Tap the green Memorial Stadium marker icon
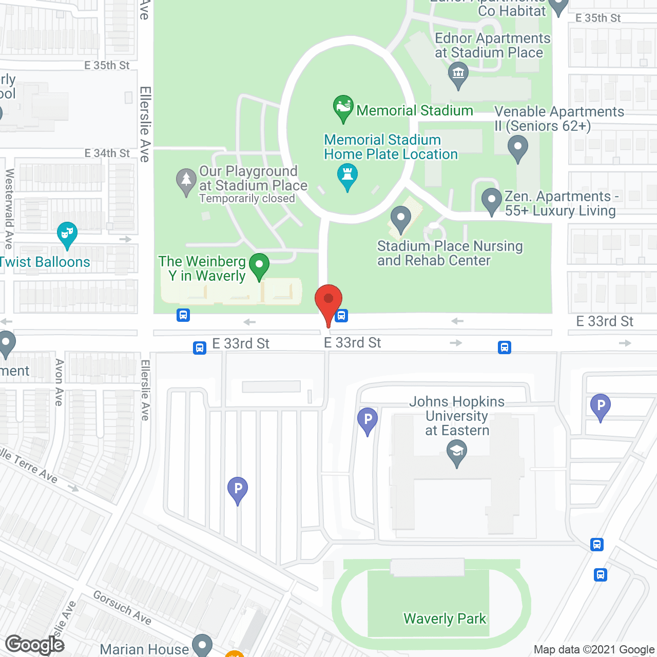click(x=343, y=107)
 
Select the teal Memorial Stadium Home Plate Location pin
click(x=347, y=175)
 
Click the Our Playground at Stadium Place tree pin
click(x=186, y=181)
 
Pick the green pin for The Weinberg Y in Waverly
click(x=259, y=266)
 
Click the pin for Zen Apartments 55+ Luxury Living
click(x=491, y=200)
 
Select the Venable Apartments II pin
click(x=517, y=147)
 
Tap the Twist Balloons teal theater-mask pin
click(x=67, y=234)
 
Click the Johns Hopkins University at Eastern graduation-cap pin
click(x=456, y=453)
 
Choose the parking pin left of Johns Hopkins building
click(x=368, y=420)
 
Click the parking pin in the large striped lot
click(x=238, y=489)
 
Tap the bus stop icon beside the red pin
click(x=342, y=316)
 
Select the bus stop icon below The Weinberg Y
click(x=183, y=315)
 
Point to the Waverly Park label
click(x=445, y=619)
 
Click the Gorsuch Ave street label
click(x=122, y=608)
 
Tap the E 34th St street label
click(x=107, y=153)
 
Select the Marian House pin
click(x=202, y=645)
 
